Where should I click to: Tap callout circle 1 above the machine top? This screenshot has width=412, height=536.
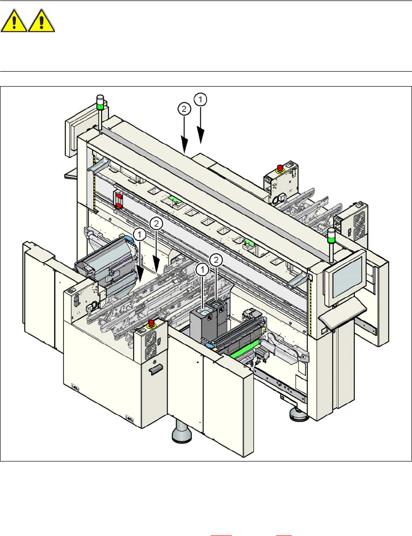(201, 99)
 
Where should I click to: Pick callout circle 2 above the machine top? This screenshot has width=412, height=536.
(183, 110)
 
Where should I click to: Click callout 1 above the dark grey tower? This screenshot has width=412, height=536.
(202, 269)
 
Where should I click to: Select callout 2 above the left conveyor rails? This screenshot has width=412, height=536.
(156, 223)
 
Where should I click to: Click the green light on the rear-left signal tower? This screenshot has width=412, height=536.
(100, 104)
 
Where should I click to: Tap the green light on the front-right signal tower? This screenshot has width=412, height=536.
(332, 235)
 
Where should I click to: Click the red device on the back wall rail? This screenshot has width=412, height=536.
(118, 200)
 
